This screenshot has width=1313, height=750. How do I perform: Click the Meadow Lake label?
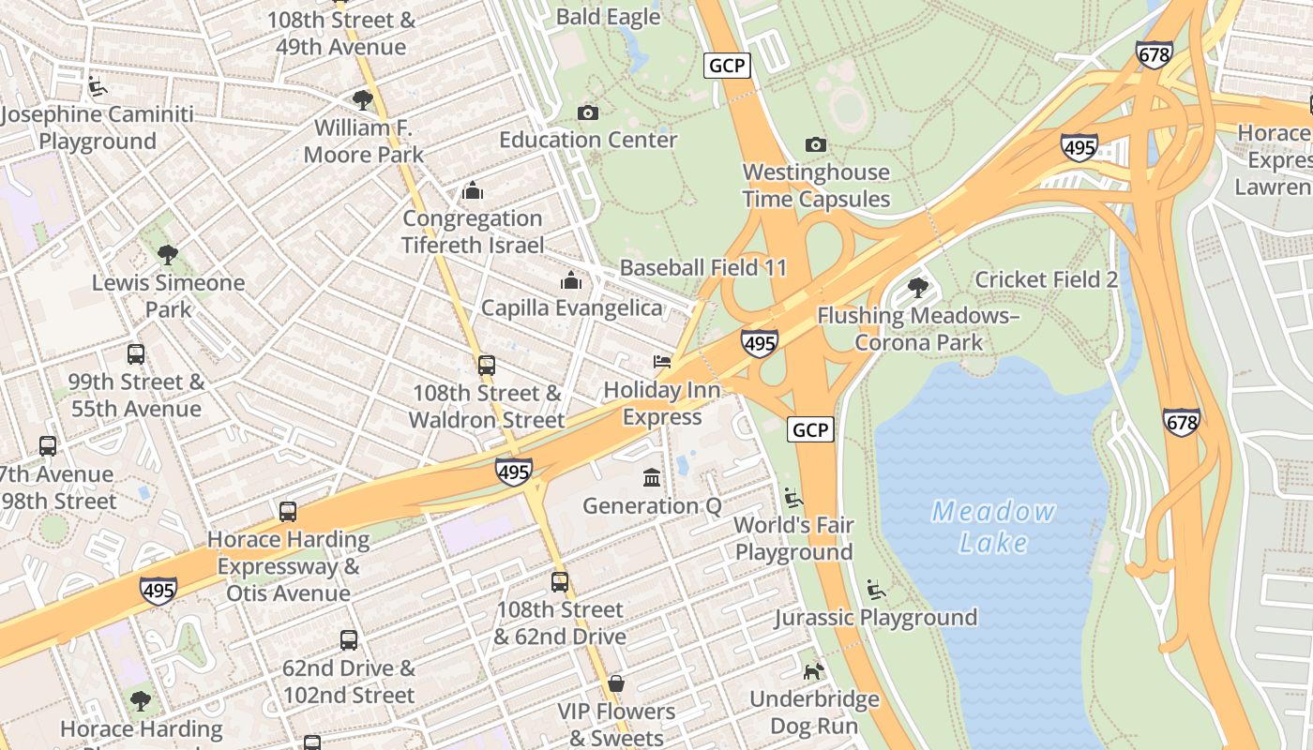993,527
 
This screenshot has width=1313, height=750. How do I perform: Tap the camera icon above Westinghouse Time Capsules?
816,144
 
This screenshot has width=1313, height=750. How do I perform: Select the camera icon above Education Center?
588,112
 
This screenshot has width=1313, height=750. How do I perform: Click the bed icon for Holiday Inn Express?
662,362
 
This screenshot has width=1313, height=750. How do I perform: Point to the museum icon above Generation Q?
652,478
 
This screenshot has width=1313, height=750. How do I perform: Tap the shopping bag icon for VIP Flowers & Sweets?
616,683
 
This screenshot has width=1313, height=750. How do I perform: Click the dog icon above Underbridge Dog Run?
814,671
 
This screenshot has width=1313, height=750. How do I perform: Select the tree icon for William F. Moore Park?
363,99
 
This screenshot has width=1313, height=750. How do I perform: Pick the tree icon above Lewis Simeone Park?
168,254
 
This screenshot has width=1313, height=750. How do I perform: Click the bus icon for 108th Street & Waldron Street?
486,366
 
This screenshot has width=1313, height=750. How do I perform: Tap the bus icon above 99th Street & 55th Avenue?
136,354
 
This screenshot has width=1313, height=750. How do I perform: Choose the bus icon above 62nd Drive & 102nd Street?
349,640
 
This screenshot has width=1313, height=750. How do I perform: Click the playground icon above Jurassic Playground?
876,590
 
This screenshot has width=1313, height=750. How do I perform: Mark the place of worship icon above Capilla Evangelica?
570,280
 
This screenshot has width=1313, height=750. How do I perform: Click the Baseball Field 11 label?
703,267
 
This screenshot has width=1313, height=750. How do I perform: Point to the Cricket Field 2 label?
1046,279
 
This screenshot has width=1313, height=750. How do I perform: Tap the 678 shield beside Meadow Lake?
1181,423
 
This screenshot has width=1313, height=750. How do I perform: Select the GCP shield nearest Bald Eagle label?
727,66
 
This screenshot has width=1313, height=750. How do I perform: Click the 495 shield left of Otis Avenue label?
158,591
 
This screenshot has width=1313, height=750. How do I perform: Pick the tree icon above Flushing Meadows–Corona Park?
918,287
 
